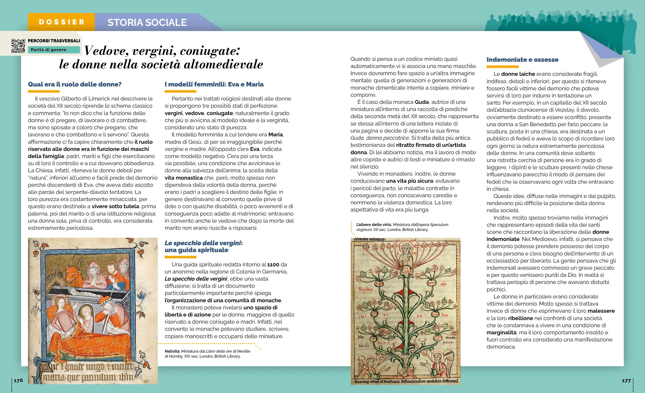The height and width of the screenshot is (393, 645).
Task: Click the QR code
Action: [x=18, y=46]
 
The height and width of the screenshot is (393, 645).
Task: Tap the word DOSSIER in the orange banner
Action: [x=61, y=22]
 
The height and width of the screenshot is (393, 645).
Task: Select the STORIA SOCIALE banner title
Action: [x=147, y=23]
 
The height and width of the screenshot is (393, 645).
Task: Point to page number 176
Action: [x=18, y=380]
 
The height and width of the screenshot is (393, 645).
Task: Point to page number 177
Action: [x=626, y=381]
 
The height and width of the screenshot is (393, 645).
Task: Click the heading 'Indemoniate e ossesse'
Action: [x=522, y=60]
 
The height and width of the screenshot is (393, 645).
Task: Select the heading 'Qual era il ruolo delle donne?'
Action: [x=75, y=84]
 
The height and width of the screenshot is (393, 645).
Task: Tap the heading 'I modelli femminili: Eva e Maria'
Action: [x=214, y=84]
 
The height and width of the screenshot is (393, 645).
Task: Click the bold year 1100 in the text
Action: [x=273, y=265]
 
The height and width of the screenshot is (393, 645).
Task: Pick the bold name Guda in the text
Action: [x=422, y=102]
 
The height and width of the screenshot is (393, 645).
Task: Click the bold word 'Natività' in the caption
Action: [x=172, y=351]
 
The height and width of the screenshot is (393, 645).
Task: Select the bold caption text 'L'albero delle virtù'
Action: [x=374, y=225]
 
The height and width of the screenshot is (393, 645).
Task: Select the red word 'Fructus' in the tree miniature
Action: [x=366, y=289]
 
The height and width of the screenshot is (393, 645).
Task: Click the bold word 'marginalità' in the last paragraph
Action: [x=501, y=332]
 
